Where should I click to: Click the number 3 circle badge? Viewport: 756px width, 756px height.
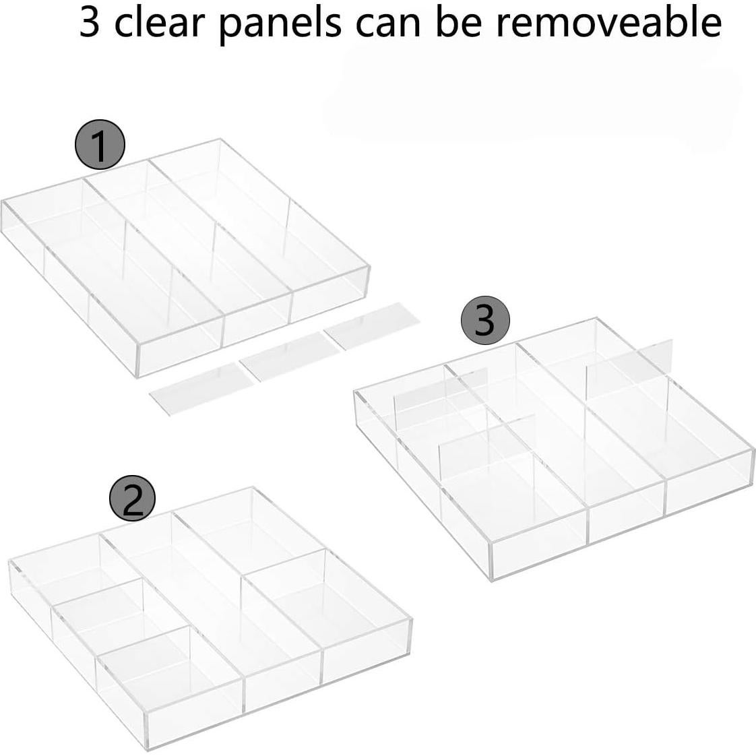[x=485, y=321]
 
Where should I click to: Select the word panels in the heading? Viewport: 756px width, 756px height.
[x=280, y=23]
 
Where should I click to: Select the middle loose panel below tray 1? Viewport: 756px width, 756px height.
[x=286, y=355]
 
